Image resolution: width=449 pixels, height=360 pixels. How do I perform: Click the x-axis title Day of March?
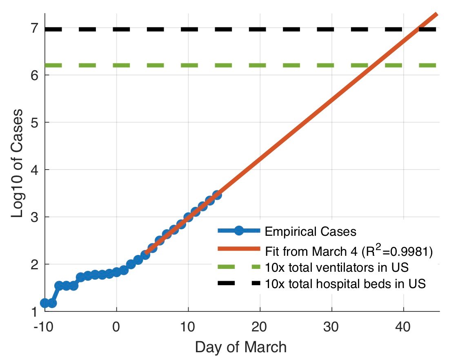click(x=240, y=347)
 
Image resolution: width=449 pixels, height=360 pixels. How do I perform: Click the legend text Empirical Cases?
click(x=311, y=232)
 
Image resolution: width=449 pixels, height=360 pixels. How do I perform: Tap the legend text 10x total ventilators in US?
click(x=337, y=268)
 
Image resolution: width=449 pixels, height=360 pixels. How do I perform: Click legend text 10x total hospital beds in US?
click(x=345, y=284)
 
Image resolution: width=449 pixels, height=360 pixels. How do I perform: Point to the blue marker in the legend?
click(x=239, y=231)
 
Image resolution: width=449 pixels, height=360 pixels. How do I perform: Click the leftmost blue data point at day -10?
click(x=45, y=303)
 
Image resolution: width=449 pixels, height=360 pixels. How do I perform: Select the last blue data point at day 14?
click(x=217, y=195)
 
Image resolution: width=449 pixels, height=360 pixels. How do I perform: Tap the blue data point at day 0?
click(x=117, y=272)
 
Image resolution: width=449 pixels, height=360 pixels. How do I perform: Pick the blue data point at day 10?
click(x=188, y=217)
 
